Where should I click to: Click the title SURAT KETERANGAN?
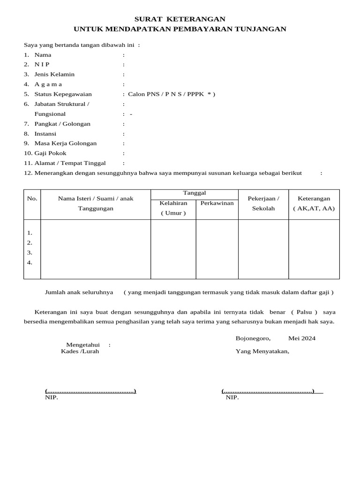[180, 19]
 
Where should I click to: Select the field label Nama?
[43, 55]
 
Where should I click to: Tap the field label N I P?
[42, 65]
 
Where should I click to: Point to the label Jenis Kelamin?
[54, 75]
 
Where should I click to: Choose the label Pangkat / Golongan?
[62, 124]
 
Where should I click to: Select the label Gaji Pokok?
[50, 153]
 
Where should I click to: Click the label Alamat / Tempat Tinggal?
[70, 163]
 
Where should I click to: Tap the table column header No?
[32, 198]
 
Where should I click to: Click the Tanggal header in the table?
[194, 193]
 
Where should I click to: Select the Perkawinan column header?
[217, 203]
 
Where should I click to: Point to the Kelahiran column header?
[173, 203]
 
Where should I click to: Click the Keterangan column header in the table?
[314, 199]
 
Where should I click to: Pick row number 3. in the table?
[30, 253]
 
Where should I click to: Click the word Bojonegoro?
[253, 338]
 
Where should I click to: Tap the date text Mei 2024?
[302, 338]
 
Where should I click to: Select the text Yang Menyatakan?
[262, 352]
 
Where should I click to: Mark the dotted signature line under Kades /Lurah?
[90, 391]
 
